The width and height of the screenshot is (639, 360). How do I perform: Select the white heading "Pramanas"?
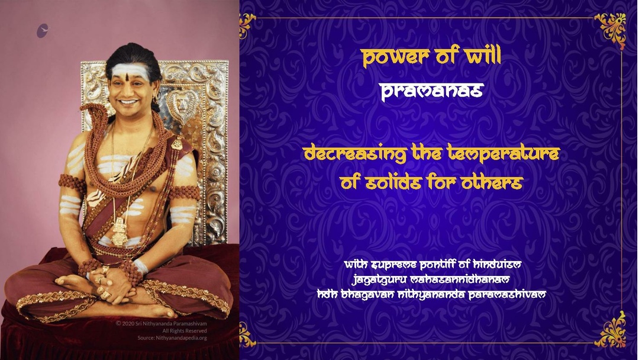click(x=431, y=91)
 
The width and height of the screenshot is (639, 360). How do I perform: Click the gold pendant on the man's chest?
click(x=121, y=230)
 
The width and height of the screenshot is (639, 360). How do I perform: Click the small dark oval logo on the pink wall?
click(x=43, y=31)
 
